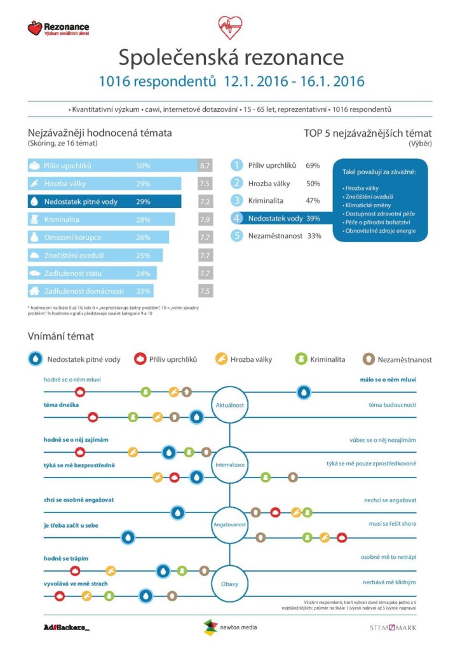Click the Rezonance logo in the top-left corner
coord(58,28)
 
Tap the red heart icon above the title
coord(230,27)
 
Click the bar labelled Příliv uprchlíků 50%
coord(112,166)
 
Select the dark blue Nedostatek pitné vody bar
coord(104,202)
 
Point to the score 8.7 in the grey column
coord(205,166)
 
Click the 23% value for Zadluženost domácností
coord(143,291)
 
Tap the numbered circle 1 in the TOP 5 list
coord(237,165)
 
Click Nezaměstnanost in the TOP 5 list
coord(274,235)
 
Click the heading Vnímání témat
coord(61,336)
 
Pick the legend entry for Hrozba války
coord(244,359)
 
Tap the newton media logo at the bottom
coord(230,627)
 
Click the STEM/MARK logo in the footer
coord(393,627)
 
